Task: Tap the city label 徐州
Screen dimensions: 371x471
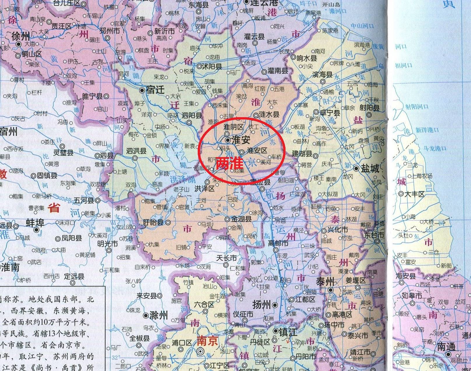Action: pos(20,36)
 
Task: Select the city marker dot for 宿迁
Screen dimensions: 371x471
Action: pos(142,90)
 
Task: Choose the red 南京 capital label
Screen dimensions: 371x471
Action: pos(207,341)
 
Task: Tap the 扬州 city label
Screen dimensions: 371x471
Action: pos(262,305)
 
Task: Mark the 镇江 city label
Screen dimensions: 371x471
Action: pos(288,332)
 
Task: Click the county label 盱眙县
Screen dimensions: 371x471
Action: pos(153,222)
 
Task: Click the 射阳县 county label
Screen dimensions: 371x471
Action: pos(369,108)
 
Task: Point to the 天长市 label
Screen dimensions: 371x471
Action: pos(226,258)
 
